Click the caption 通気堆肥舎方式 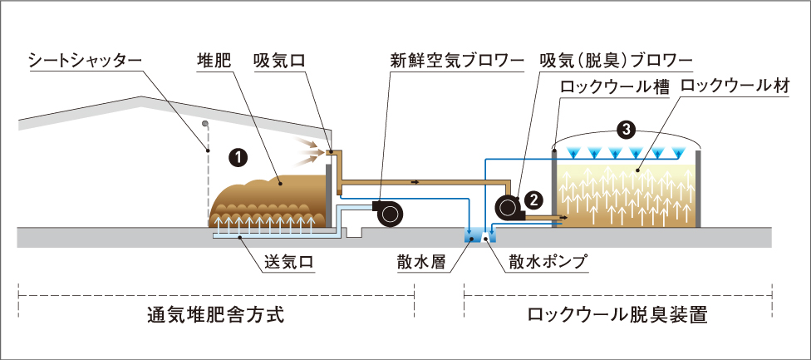215,316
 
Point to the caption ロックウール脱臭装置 622,316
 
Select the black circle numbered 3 627,129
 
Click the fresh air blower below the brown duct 386,212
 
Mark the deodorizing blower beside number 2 506,207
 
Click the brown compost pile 266,200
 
